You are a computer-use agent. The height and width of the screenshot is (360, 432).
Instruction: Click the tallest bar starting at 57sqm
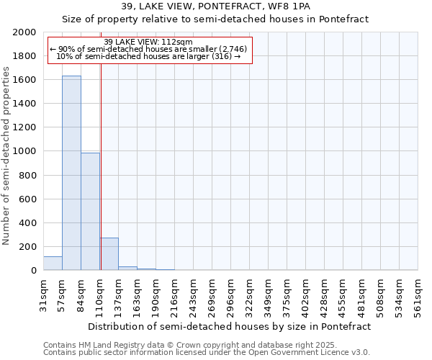(71, 173)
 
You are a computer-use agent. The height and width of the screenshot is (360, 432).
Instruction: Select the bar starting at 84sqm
(90, 212)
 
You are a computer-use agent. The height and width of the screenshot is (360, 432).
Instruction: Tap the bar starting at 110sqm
(109, 254)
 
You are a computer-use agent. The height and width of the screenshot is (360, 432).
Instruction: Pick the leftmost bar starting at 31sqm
(53, 264)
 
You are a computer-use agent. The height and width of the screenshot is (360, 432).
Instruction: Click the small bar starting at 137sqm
(127, 268)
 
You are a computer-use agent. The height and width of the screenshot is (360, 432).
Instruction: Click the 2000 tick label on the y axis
(26, 32)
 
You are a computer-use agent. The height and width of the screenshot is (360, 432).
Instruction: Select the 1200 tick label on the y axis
(26, 127)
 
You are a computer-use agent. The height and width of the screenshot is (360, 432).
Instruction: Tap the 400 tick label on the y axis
(29, 223)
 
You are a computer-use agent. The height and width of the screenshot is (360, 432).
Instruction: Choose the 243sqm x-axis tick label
(194, 295)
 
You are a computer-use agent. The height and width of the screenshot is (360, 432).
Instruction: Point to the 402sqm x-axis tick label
(306, 295)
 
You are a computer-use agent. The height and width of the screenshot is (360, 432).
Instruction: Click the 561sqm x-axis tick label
(418, 295)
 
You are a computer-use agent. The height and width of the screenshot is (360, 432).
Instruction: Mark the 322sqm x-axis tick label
(250, 295)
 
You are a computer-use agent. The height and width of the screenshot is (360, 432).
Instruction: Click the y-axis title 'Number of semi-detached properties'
(6, 156)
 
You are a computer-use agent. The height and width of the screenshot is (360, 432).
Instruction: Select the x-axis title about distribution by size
(230, 326)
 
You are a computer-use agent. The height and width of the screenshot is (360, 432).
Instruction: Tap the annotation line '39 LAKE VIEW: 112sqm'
(148, 41)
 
